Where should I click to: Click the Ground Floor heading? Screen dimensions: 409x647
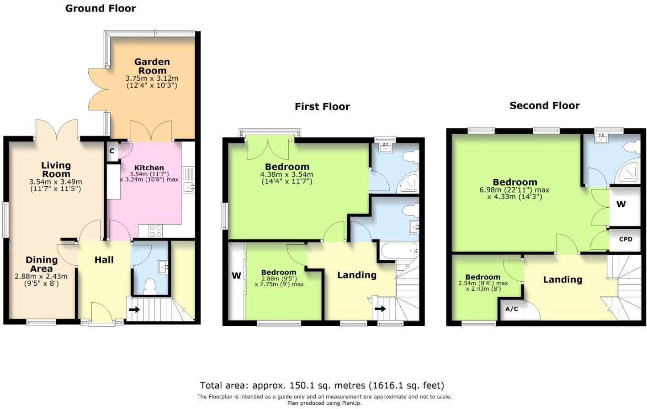click(x=101, y=8)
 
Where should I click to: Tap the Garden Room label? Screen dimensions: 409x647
click(x=152, y=66)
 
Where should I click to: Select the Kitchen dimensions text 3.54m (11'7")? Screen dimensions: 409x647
click(x=149, y=174)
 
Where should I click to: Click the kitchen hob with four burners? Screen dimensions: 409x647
click(x=156, y=231)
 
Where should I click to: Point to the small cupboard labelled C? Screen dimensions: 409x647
click(x=111, y=151)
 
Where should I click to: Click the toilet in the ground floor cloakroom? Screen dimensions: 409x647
click(x=150, y=286)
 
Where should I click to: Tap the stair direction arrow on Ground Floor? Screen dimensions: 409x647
click(x=135, y=309)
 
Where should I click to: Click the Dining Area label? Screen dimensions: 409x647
click(x=42, y=264)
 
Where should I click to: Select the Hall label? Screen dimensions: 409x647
click(x=104, y=260)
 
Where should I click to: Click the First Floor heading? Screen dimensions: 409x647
click(x=322, y=106)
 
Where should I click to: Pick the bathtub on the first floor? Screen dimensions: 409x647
click(x=398, y=251)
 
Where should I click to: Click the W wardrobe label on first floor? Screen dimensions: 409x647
click(x=236, y=275)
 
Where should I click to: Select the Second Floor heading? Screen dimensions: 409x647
click(x=544, y=105)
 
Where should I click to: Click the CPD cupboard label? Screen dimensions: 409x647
click(x=626, y=239)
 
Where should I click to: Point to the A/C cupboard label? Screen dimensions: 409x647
click(x=511, y=309)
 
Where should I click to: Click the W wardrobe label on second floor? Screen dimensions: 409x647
click(x=621, y=204)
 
